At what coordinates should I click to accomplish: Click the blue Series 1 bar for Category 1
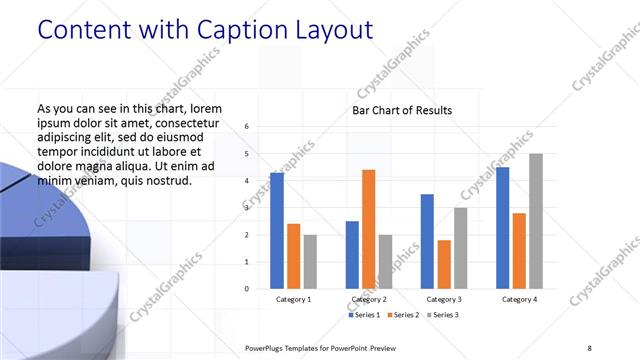click(277, 231)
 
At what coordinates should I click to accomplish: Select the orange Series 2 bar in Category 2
click(368, 229)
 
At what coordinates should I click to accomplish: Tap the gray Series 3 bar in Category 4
click(536, 221)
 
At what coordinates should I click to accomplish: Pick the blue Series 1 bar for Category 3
click(427, 241)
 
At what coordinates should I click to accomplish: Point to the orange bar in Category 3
click(444, 264)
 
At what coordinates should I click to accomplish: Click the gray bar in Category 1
click(310, 261)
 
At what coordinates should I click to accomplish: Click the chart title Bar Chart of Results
click(402, 110)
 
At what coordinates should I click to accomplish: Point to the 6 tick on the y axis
click(246, 127)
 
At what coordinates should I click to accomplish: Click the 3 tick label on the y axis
click(246, 208)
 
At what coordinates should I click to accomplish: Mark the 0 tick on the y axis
click(246, 289)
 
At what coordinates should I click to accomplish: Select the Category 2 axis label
click(368, 300)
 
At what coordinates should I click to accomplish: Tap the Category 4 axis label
click(519, 300)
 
